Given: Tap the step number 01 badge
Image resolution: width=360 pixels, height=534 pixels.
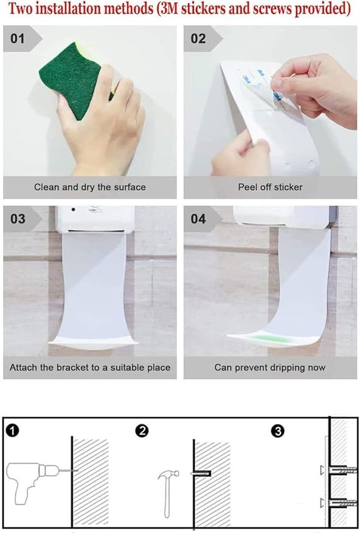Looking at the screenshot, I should coord(18,39).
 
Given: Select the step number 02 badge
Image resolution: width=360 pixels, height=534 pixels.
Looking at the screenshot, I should coord(199,39).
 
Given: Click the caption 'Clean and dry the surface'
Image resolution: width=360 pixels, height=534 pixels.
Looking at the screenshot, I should coord(90,187).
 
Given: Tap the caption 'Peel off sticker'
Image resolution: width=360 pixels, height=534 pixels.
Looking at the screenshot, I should coord(270,187).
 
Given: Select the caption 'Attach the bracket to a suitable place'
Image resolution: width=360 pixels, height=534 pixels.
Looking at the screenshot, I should coord(90,368).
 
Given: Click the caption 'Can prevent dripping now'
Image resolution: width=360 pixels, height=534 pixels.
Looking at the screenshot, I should coord(270,368).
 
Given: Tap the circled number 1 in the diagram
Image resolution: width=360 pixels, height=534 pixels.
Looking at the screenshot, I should coord(13,431).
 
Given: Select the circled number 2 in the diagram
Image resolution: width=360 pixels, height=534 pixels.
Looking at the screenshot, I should coord(142,431).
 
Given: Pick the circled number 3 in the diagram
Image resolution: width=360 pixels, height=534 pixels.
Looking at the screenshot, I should coord(277,431).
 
